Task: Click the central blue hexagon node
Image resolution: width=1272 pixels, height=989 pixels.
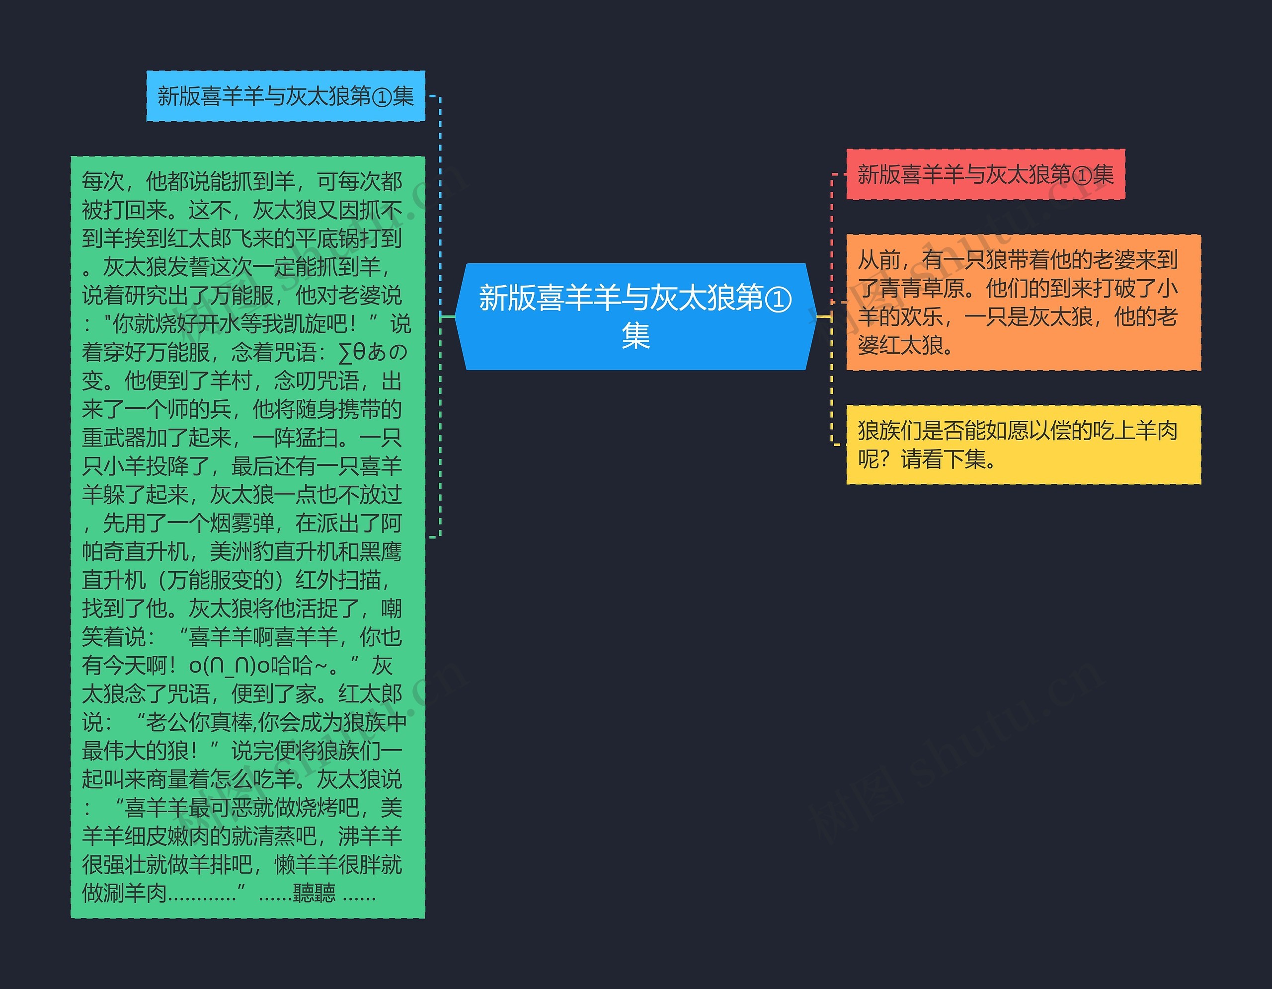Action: tap(635, 316)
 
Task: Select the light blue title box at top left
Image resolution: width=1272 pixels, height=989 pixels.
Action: tap(285, 96)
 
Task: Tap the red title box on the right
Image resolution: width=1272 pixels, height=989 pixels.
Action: tap(985, 174)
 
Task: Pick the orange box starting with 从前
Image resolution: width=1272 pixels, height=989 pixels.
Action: tap(1023, 302)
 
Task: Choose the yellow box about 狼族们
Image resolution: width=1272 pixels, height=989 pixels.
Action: tap(1023, 445)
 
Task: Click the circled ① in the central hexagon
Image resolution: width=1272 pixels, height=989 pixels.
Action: tap(778, 299)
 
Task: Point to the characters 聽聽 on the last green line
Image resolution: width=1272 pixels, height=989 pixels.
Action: tap(314, 892)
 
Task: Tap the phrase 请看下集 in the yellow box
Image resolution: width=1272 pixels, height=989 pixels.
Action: tap(943, 459)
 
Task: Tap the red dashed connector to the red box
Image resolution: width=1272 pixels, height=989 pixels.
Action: tap(832, 221)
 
